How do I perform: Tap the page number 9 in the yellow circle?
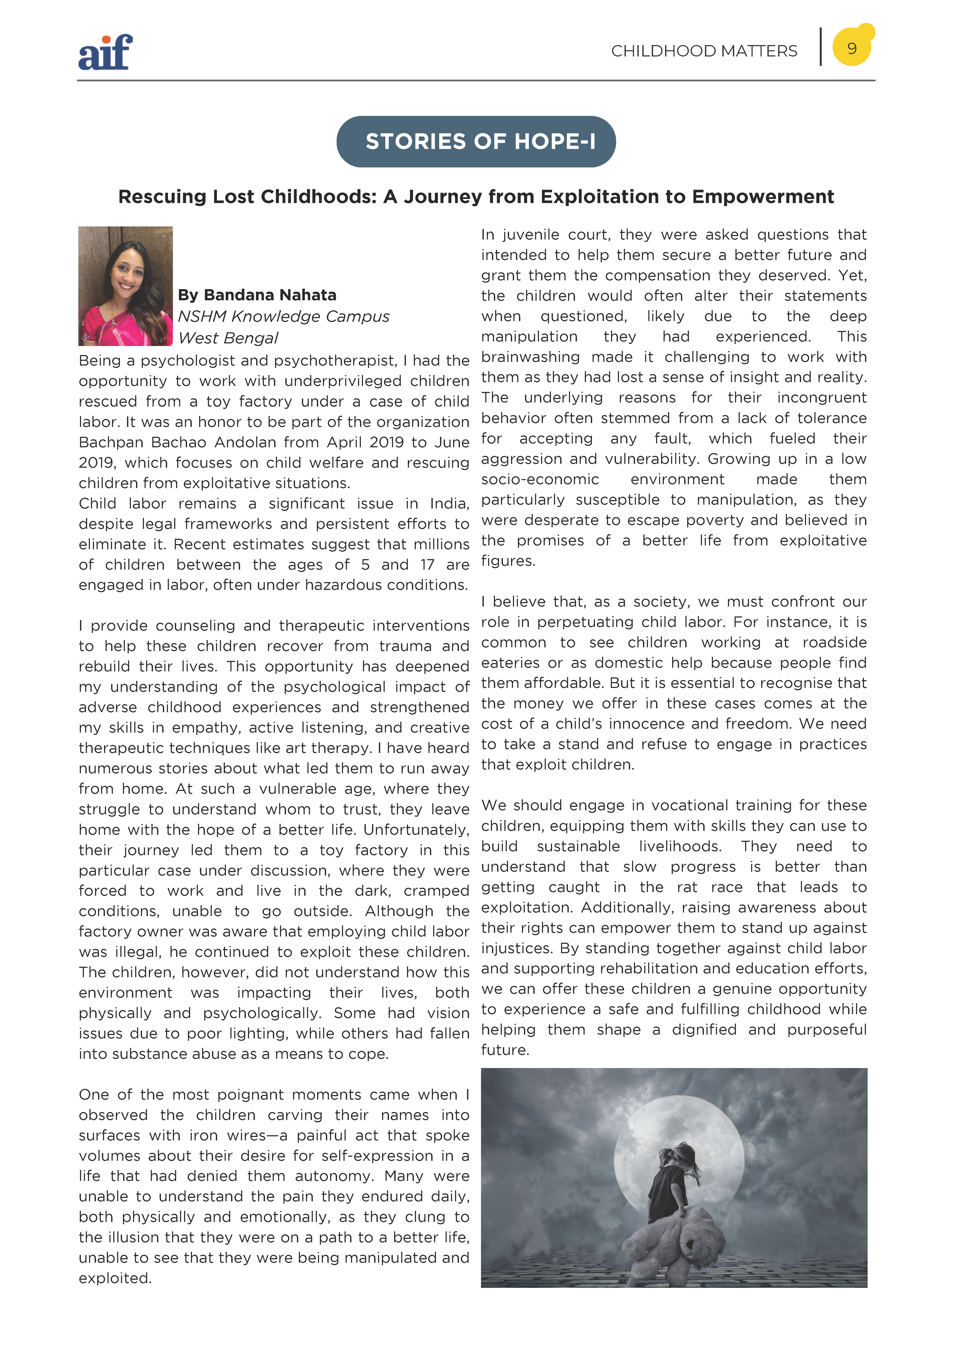(x=852, y=48)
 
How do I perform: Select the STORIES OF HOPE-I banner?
(x=476, y=141)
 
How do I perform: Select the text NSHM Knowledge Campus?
(x=283, y=316)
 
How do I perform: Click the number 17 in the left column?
(x=427, y=565)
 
